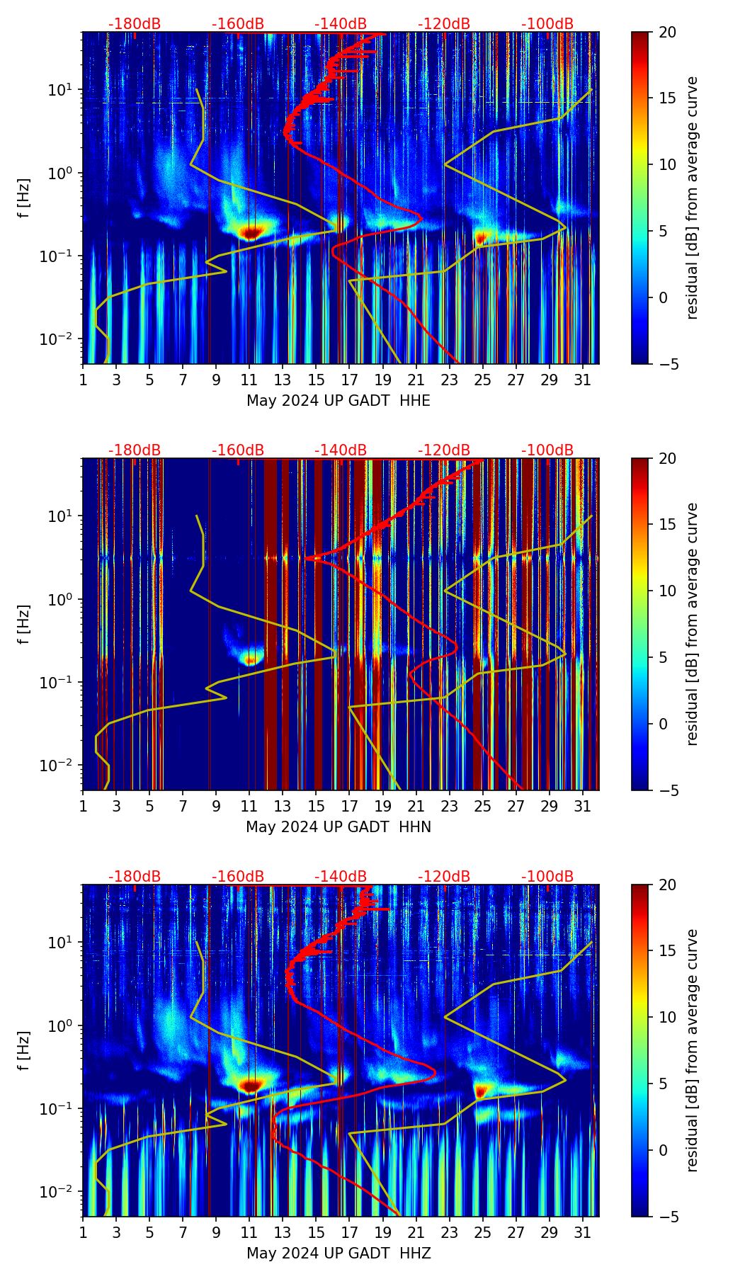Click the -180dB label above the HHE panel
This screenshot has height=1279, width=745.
pos(135,24)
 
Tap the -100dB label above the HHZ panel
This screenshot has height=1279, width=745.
pos(547,877)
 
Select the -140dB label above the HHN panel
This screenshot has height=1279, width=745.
pos(341,450)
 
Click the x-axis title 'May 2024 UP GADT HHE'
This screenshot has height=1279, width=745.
pos(339,401)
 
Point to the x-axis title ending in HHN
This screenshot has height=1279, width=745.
pos(339,827)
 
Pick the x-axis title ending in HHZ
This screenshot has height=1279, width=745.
pos(339,1254)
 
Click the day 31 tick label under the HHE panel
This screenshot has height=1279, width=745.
pos(582,380)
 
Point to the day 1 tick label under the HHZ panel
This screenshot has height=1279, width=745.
pos(83,1233)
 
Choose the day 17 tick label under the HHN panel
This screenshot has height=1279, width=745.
pos(349,807)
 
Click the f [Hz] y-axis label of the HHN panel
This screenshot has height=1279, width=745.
pos(24,624)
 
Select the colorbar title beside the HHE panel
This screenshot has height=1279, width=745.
pos(693,198)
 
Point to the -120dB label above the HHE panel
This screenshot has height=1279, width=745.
pos(444,24)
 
